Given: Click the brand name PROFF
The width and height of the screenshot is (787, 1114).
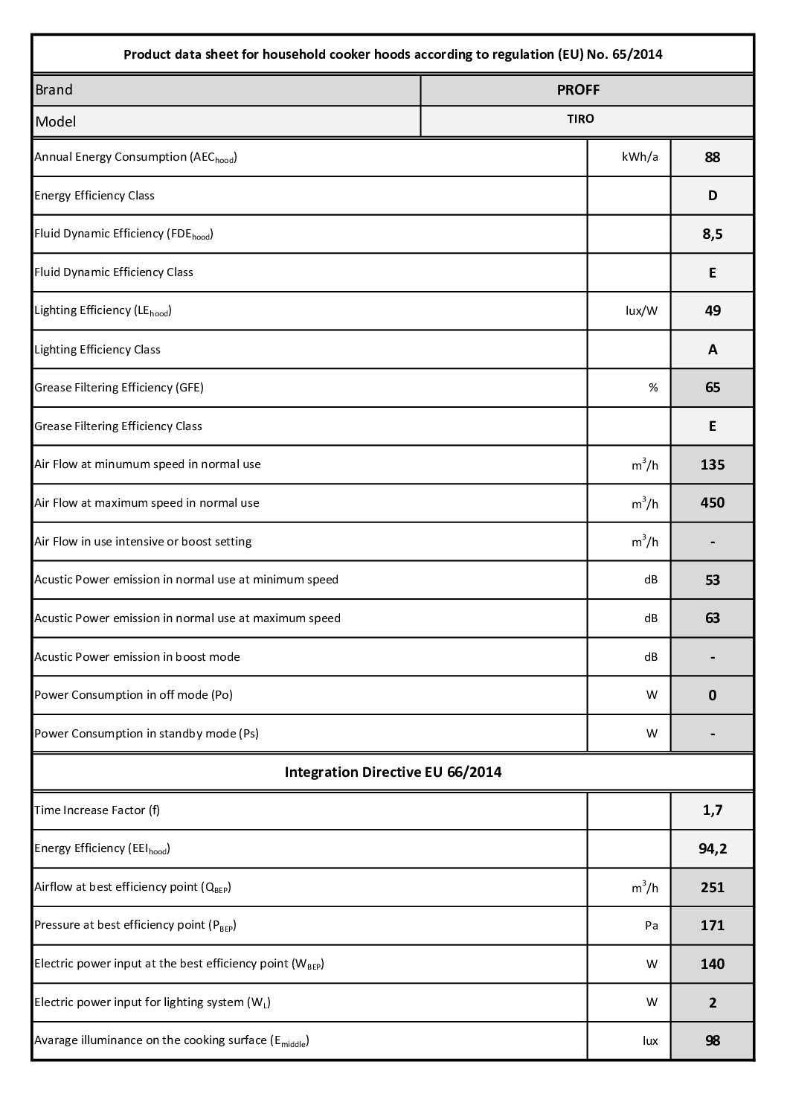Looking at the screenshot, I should pos(578,90).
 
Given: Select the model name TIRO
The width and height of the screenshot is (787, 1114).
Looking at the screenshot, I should pos(580,119).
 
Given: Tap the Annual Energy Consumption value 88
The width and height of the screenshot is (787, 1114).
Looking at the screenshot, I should pos(712,157).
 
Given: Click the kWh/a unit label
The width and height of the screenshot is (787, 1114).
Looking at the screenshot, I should pos(640,157).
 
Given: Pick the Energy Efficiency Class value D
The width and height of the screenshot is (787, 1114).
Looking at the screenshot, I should pos(712,196).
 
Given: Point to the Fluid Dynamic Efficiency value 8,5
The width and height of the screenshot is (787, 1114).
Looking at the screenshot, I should pos(712,234).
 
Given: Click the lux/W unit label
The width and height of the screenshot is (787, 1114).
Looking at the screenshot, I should pos(641,310).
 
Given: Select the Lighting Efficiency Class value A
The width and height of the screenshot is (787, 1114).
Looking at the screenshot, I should pos(712,349).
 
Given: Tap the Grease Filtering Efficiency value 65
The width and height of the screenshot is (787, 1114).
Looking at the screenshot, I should pos(712,388).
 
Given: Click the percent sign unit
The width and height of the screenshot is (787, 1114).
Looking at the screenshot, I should pos(652,388).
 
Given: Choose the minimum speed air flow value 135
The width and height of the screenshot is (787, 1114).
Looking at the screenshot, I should pos(712,464).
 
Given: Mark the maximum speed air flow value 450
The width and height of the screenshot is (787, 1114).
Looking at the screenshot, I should pos(712,503).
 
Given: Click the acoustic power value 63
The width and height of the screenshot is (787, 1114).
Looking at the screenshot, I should pos(712,618).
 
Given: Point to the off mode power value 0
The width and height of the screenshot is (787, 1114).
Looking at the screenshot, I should pos(712,695).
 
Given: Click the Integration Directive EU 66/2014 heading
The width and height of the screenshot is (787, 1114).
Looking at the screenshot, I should pos(393,772).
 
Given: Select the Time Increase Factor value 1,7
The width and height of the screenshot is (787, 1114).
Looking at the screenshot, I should pos(712,810).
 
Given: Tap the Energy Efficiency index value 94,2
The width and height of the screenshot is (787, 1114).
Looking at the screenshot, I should pos(712,848).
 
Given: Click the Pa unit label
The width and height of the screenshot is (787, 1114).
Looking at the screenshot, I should pos(651,926).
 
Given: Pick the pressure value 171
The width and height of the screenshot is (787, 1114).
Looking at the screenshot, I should pos(712,926).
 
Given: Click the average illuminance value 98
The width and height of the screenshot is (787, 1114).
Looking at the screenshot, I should pos(712,1040).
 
